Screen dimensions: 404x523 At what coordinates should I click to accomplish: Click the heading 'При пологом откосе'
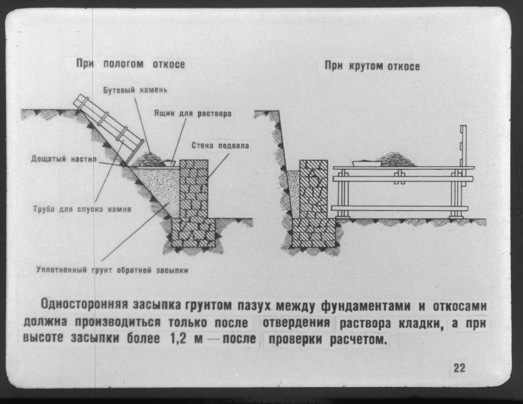click(131, 64)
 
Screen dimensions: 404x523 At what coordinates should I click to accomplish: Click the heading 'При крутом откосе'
click(372, 67)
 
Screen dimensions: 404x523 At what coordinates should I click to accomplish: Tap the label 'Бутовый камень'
click(135, 91)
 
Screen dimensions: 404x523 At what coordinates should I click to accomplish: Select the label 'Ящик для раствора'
click(193, 113)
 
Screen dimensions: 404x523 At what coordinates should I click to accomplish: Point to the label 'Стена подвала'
click(220, 146)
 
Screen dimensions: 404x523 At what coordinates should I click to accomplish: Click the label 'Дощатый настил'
click(64, 159)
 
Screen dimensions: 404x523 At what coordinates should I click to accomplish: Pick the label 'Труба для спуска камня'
click(82, 209)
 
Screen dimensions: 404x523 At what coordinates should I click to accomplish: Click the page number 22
click(459, 368)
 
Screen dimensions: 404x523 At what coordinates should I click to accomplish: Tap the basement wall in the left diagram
click(194, 189)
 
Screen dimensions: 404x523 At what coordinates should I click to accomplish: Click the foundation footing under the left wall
click(194, 233)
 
